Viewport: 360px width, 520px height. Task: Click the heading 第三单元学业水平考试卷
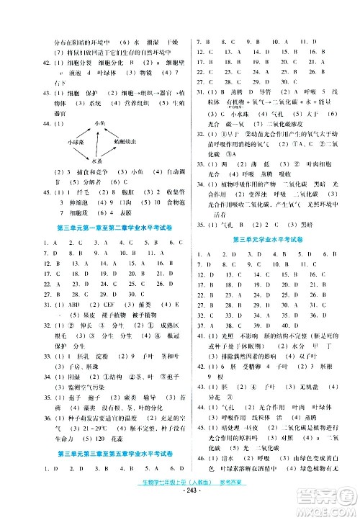click(x=269, y=238)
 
